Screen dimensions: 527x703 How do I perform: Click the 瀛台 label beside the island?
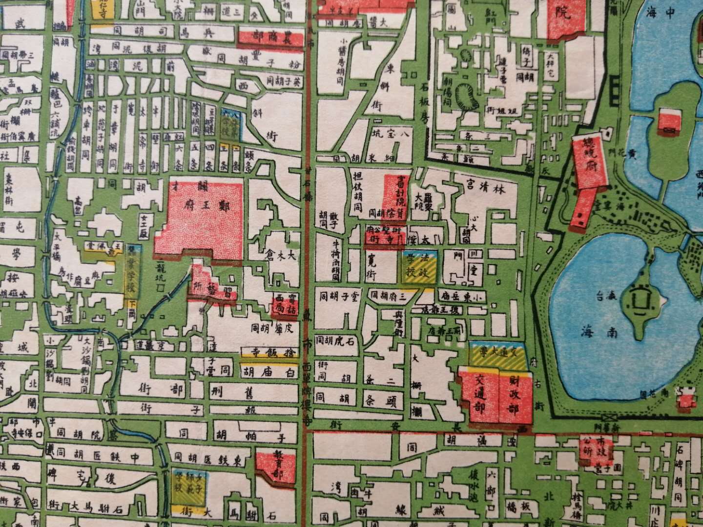click(x=606, y=296)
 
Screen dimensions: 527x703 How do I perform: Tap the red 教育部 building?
click(x=276, y=467)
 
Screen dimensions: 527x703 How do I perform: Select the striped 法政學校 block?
click(x=417, y=269)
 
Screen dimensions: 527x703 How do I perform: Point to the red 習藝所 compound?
click(x=213, y=287)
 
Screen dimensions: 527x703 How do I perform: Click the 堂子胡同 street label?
click(x=338, y=296)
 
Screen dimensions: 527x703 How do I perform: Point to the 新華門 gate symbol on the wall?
click(x=609, y=418)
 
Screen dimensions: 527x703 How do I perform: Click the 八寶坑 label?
click(x=391, y=132)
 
